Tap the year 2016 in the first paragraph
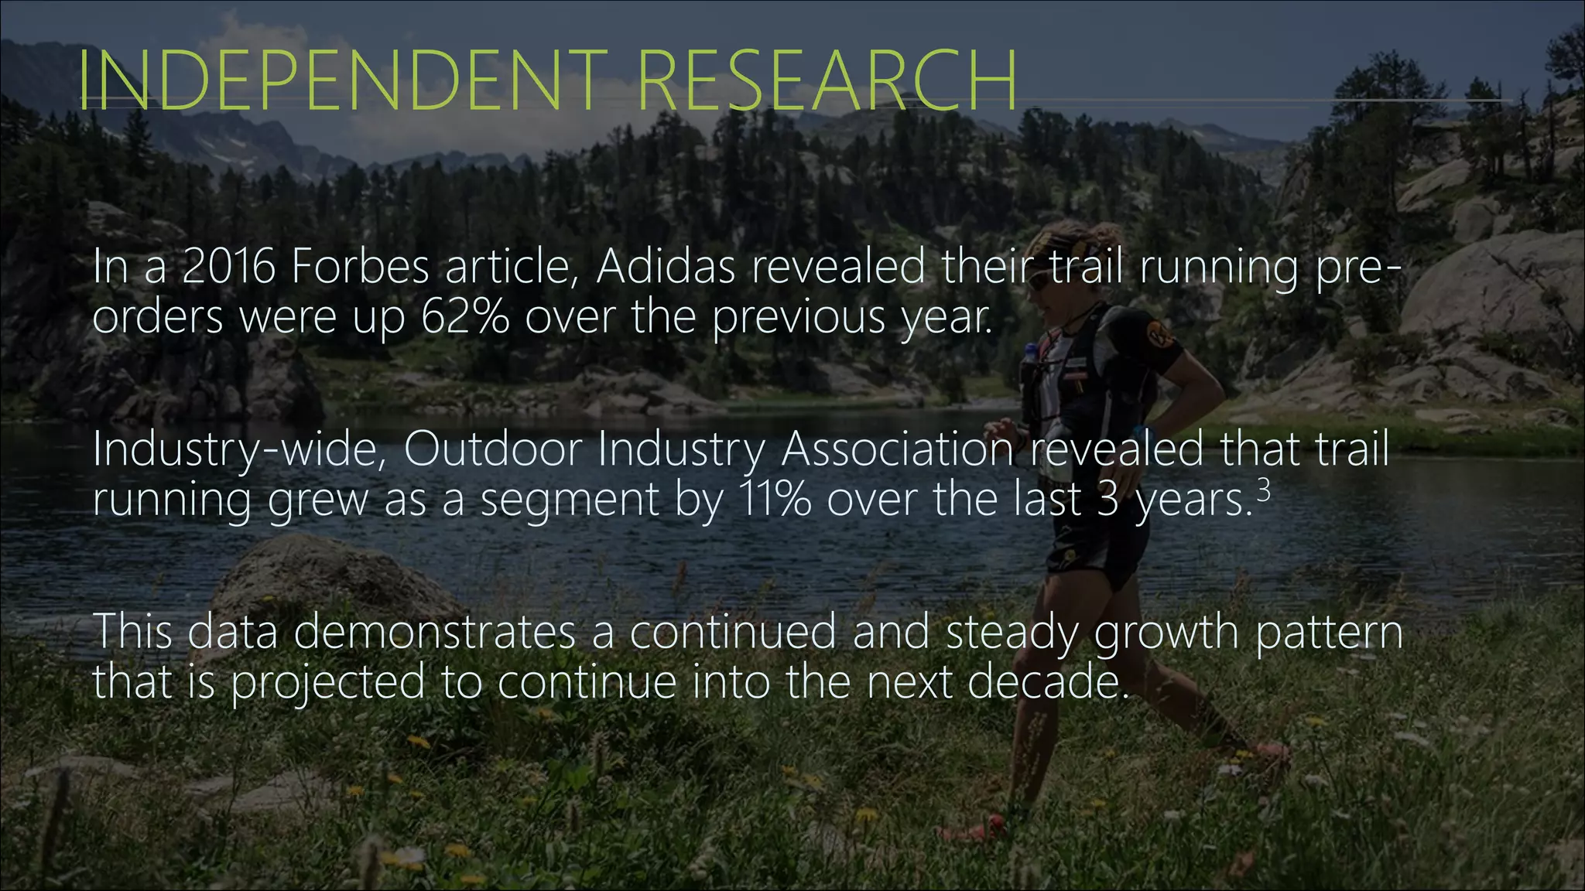tap(229, 267)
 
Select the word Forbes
tap(359, 267)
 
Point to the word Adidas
tap(666, 267)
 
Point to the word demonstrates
tap(434, 632)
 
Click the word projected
tap(328, 684)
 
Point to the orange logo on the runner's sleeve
tap(1160, 336)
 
